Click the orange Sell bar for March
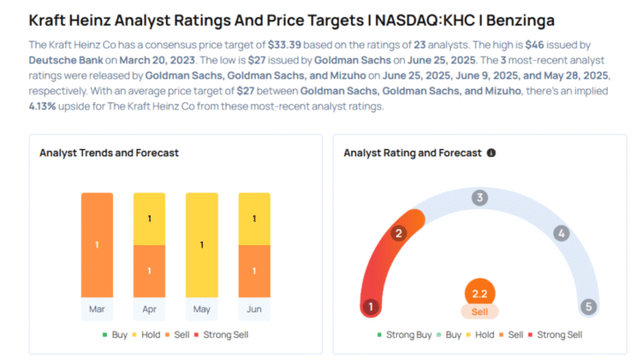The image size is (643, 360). coord(97,244)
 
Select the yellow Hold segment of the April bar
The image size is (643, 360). coord(149,218)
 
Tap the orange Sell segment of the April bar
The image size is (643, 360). coord(149,271)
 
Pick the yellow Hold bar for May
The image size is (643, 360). coord(202,244)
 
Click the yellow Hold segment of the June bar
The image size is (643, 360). coord(254,218)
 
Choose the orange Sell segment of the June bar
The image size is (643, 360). coord(254,271)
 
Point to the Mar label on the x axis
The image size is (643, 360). coord(97,310)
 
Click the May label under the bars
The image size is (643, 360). coord(202,310)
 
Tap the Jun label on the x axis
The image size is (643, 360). coord(254,310)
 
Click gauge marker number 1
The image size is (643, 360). coord(371,307)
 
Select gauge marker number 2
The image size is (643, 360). coord(398,233)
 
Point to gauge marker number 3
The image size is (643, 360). coord(479,198)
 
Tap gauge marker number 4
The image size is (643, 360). coord(560,233)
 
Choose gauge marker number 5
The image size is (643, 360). coord(587,307)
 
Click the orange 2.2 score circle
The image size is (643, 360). coord(479,294)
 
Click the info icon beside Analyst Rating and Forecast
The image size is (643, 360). coord(491,153)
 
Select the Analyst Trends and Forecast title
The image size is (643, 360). coord(108,153)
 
